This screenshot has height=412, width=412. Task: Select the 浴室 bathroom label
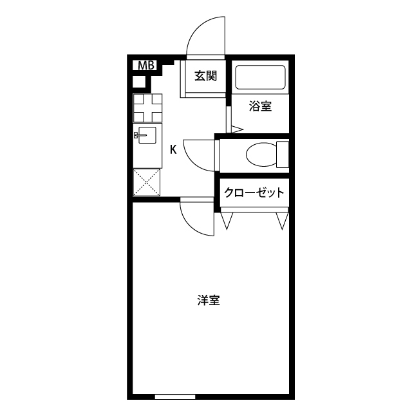click(x=260, y=107)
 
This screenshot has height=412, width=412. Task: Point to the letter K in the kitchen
click(x=173, y=150)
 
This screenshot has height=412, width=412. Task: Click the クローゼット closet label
click(x=253, y=192)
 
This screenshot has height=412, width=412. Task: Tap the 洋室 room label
click(x=209, y=300)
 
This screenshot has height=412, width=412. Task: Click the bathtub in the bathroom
click(x=260, y=79)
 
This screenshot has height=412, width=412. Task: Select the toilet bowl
click(x=260, y=154)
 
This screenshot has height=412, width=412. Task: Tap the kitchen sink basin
click(x=147, y=135)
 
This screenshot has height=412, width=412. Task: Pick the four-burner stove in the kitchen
click(x=147, y=108)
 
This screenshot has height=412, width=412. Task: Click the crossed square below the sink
click(x=147, y=182)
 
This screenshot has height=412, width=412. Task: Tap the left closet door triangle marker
click(x=227, y=221)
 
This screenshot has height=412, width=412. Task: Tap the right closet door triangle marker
click(x=281, y=221)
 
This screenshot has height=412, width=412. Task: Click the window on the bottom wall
click(x=174, y=395)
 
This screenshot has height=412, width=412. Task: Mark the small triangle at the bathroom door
click(x=236, y=129)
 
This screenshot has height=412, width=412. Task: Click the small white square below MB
click(x=139, y=81)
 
